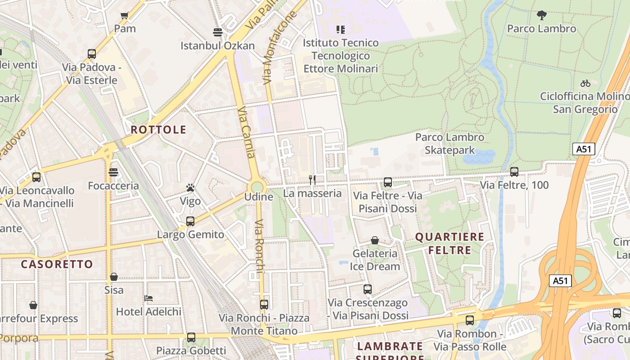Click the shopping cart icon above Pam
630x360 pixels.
click(125, 16)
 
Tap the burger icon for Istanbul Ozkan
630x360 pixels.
click(218, 32)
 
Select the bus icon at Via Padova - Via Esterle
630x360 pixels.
click(92, 54)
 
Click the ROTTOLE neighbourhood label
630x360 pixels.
click(158, 130)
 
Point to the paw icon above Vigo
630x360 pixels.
click(190, 188)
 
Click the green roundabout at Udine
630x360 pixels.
click(257, 187)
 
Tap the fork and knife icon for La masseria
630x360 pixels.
click(312, 180)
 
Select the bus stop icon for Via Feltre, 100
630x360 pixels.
click(514, 171)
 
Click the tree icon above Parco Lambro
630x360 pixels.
click(541, 16)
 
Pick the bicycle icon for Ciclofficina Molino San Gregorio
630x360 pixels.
click(585, 83)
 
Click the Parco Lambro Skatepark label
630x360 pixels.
click(450, 144)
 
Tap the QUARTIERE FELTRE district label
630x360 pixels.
click(450, 243)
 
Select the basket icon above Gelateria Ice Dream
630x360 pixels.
click(375, 241)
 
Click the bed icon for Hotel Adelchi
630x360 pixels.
click(148, 298)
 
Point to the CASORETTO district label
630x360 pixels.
click(57, 264)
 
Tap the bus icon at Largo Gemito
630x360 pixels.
click(190, 221)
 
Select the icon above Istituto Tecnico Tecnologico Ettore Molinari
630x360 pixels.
click(341, 30)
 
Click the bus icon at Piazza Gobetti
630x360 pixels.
click(191, 337)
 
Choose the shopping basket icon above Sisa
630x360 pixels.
click(114, 277)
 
